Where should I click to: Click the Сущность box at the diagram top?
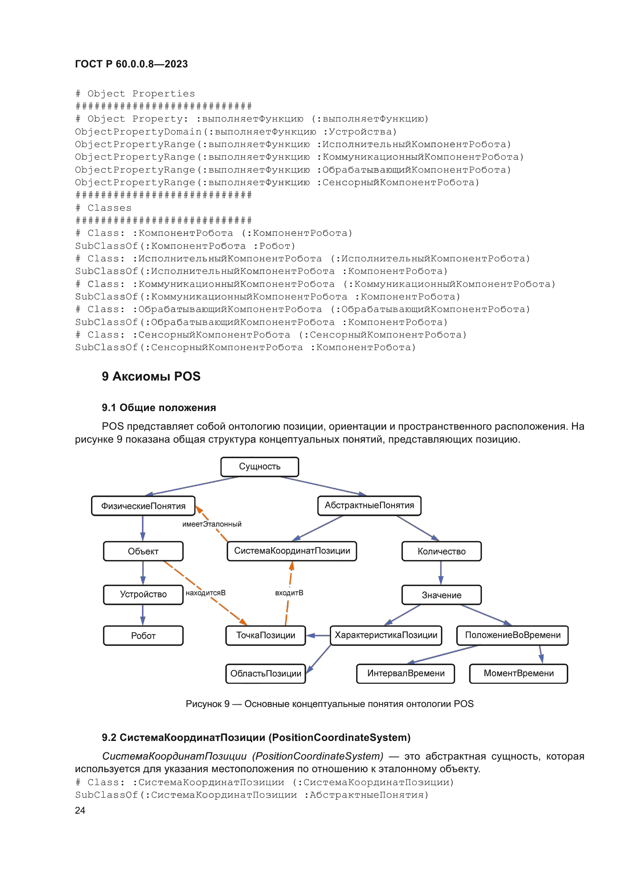point(259,467)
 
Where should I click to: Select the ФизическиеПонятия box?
point(143,506)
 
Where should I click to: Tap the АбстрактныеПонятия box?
point(369,505)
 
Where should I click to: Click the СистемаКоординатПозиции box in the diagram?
point(292,551)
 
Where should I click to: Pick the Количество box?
point(441,552)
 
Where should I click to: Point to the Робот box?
point(143,636)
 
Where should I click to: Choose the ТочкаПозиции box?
point(266,635)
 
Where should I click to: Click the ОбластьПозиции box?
point(266,674)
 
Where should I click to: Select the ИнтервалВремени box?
point(405,673)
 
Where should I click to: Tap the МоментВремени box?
point(518,673)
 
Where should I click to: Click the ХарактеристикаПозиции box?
point(385,635)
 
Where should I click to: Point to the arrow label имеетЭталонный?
point(212,524)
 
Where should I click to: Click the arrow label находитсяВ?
point(206,593)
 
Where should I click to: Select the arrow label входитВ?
point(289,593)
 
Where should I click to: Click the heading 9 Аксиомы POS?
point(151,376)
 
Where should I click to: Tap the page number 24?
point(80,810)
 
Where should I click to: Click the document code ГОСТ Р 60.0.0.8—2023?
point(131,64)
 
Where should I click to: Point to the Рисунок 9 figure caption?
point(329,704)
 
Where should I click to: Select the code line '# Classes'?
point(104,208)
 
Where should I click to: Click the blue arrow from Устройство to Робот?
point(143,615)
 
